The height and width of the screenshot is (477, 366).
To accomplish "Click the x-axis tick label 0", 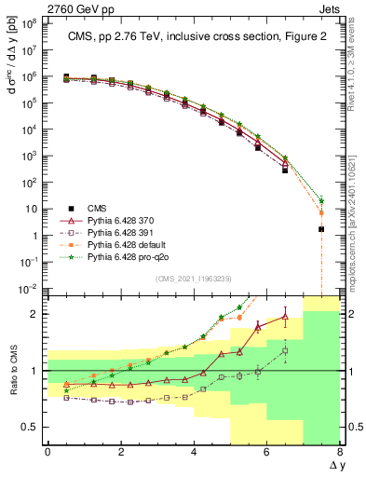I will click(47, 451).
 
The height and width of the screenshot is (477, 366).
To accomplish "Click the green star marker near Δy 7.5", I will click(321, 200).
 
